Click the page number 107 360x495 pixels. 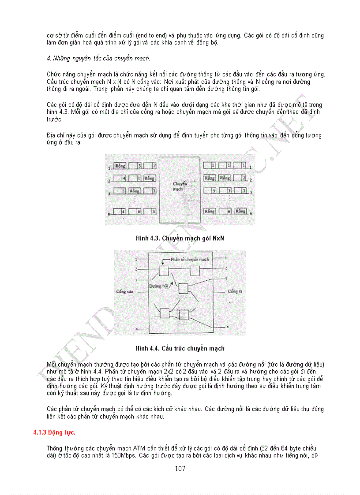180,469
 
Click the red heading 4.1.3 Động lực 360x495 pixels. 54,432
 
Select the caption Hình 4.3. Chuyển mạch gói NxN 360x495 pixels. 180,238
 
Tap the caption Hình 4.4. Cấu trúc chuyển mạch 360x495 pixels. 180,349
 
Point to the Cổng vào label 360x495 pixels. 124,291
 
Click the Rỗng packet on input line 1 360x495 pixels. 120,166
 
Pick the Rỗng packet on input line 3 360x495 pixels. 135,191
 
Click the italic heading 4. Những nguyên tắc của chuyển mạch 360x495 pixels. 98,58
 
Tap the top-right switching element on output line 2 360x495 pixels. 195,270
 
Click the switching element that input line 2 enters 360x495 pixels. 164,270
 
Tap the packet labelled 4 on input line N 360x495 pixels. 124,212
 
